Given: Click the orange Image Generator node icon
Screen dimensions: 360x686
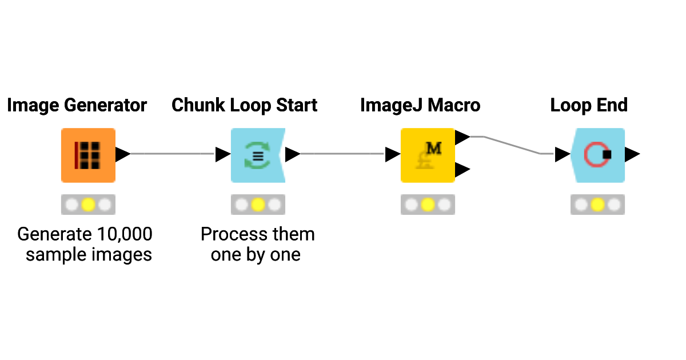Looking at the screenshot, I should click(x=88, y=155).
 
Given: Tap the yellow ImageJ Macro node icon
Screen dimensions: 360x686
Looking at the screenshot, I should click(x=428, y=155).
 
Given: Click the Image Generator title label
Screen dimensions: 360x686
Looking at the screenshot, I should click(x=77, y=105).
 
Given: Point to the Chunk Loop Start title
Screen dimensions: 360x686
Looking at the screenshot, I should click(x=245, y=105).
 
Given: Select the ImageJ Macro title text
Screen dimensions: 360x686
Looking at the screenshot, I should click(x=420, y=105).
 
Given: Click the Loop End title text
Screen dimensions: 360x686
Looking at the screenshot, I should click(x=589, y=105).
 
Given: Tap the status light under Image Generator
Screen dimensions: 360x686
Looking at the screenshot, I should click(x=88, y=205).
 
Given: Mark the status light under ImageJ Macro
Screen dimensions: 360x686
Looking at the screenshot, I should click(x=428, y=205).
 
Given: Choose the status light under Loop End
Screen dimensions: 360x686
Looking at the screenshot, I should click(x=597, y=205).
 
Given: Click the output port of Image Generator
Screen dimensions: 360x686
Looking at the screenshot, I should click(x=122, y=154).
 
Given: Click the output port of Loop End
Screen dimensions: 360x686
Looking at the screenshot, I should click(x=632, y=154).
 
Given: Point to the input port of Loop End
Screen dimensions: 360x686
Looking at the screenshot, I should click(x=562, y=154).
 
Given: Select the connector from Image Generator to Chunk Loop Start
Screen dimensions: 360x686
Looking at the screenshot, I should click(x=171, y=154).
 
